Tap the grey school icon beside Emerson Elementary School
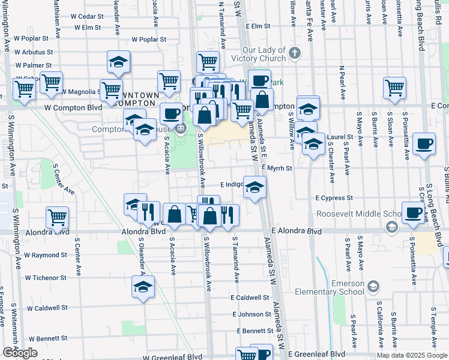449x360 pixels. (x=373, y=287)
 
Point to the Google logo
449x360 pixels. (x=20, y=353)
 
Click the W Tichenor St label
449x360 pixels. (x=46, y=278)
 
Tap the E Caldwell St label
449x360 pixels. (x=250, y=297)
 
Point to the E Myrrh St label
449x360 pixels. (x=276, y=169)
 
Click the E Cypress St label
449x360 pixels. (x=334, y=197)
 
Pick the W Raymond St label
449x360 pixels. (x=46, y=255)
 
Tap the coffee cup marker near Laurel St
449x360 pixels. (x=424, y=144)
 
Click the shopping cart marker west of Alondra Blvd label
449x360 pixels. (x=57, y=218)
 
